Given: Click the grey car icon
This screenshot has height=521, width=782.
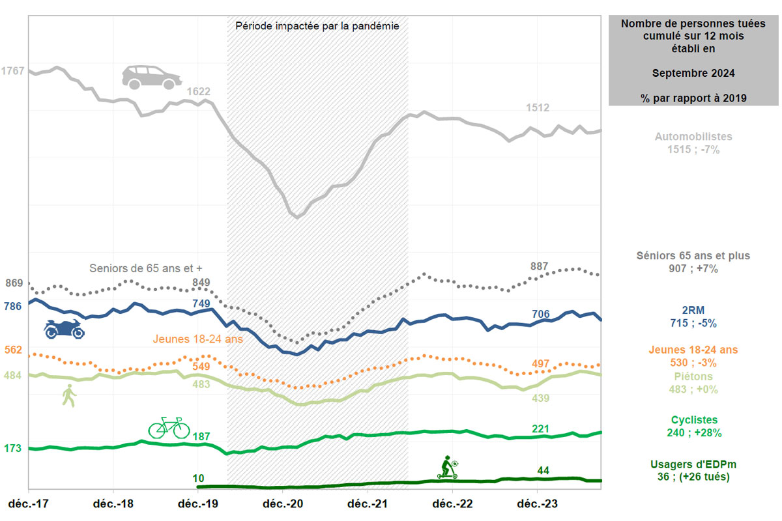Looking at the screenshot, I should pos(152,77).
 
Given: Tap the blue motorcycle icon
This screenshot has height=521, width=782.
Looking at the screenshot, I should pos(64,329).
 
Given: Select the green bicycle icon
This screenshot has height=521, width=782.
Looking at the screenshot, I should pos(169,428).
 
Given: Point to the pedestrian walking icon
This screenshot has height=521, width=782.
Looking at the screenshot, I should pos(68,395).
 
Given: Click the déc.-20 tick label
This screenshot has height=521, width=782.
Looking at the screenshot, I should pos(283,504).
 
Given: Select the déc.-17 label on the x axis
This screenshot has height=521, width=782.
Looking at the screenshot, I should pos(29,504).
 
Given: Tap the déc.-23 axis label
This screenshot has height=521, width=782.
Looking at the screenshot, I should pos(537,504).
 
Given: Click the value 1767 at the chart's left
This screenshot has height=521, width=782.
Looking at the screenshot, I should pos(13,71).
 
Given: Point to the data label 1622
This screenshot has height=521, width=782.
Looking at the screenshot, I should pos(199,92).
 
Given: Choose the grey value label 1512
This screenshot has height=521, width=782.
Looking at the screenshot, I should pos(538,108).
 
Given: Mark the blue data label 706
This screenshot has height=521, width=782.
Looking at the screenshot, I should pos(541,315).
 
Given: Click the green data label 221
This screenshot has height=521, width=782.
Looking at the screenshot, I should pos(541,429).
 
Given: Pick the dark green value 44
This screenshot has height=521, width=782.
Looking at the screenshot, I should pos(543,470).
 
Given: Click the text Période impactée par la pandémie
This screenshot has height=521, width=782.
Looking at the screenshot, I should pos(317,27).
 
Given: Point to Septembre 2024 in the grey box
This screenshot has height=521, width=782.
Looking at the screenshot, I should pos(694,74).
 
